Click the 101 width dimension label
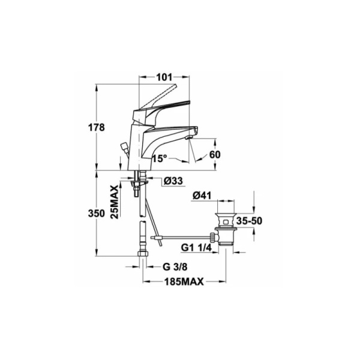163,77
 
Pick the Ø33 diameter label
173,181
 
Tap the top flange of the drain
224,212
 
